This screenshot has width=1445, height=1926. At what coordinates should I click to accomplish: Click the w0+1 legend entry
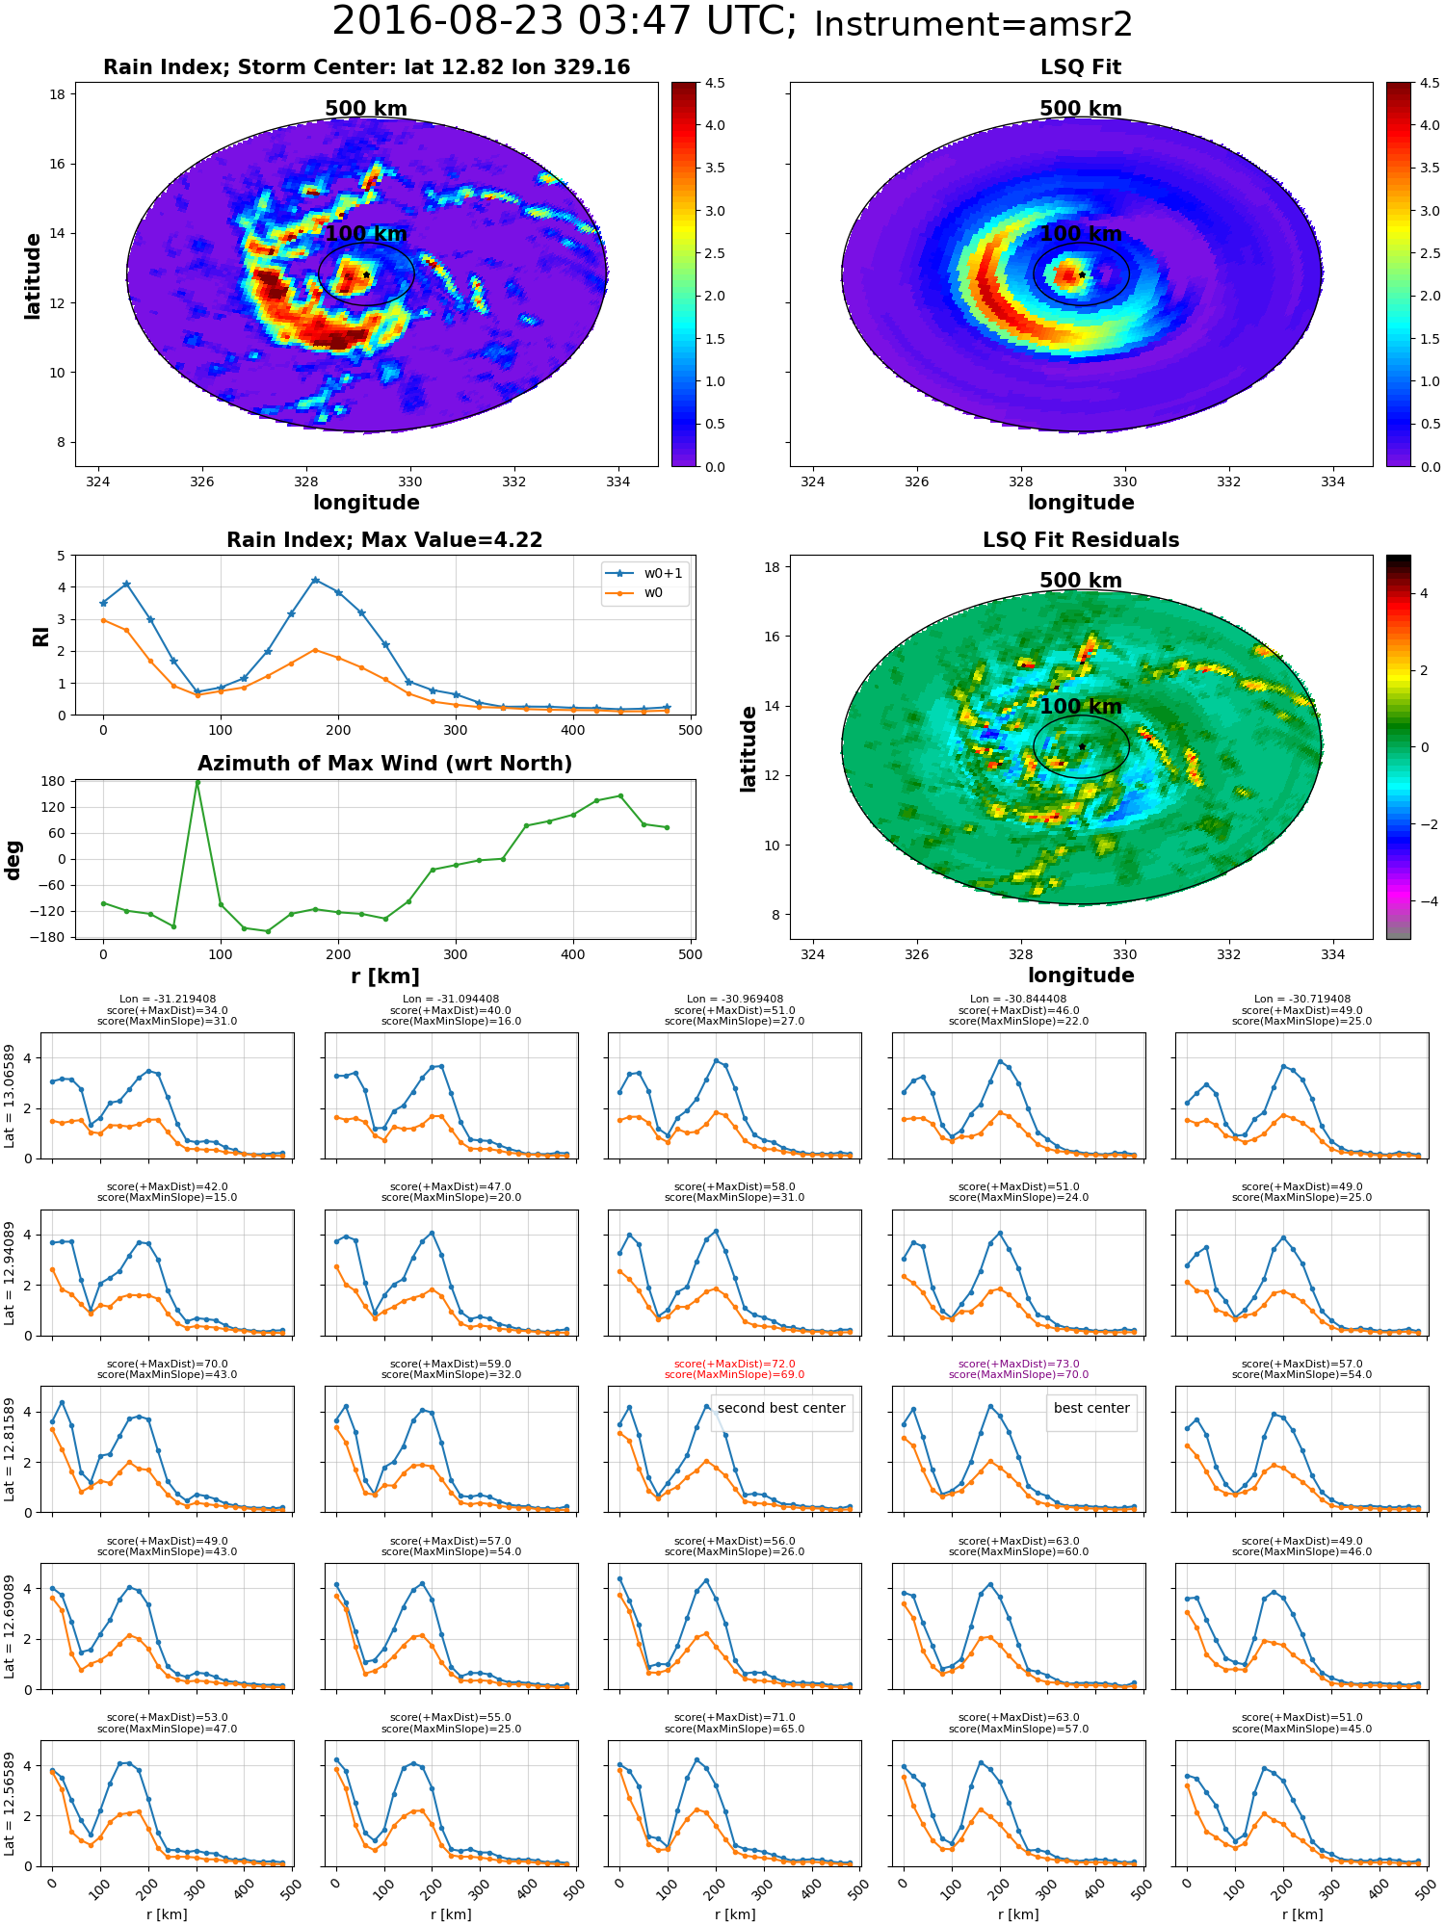[x=644, y=574]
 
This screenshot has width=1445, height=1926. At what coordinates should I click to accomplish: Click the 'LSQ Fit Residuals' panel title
[x=1081, y=540]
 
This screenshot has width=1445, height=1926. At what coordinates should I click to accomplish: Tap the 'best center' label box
[x=1091, y=1408]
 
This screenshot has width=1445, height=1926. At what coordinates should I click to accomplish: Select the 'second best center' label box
[x=781, y=1408]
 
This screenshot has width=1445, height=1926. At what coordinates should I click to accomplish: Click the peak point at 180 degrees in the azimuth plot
[x=197, y=782]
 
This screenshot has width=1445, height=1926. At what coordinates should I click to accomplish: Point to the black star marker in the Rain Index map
[x=367, y=274]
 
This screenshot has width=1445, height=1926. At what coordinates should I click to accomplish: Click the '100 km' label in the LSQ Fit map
[x=1081, y=234]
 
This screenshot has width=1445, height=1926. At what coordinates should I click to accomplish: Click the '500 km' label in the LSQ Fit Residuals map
[x=1081, y=581]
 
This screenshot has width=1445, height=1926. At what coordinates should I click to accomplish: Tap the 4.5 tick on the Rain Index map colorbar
[x=715, y=83]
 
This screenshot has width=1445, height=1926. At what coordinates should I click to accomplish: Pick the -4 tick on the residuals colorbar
[x=1423, y=901]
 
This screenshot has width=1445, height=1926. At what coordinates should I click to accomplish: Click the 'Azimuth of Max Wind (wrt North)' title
[x=384, y=764]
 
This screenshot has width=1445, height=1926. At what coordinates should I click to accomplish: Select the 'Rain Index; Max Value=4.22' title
[x=384, y=540]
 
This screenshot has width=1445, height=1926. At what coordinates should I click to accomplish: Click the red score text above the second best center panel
[x=734, y=1369]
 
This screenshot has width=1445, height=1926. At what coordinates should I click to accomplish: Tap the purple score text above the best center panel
[x=1018, y=1369]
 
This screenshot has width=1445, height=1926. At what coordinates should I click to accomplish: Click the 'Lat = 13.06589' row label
[x=10, y=1095]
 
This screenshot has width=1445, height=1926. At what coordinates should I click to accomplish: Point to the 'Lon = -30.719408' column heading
[x=1301, y=1000]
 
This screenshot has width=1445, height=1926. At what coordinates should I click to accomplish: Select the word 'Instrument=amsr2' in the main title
[x=973, y=25]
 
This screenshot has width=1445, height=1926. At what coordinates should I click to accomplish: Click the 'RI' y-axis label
[x=40, y=636]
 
